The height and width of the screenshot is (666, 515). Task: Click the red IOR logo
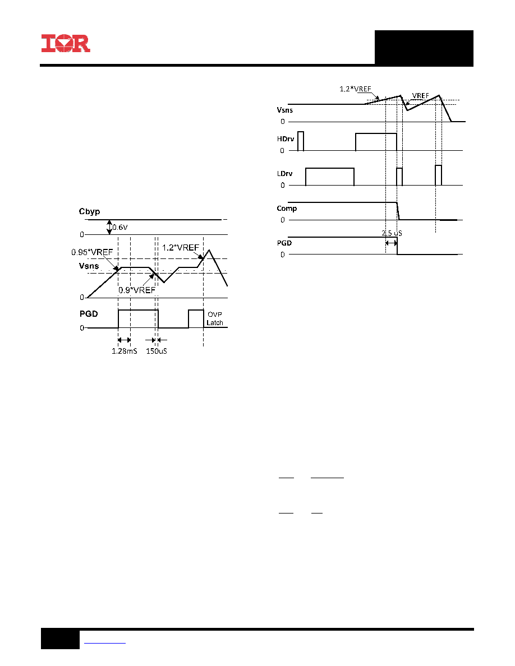pos(66,43)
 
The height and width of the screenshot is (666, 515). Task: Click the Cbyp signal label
pos(89,211)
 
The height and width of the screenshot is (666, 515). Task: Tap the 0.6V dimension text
pos(120,227)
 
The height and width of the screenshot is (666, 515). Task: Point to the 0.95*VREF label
pos(92,252)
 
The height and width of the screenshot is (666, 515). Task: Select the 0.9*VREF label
pos(137,290)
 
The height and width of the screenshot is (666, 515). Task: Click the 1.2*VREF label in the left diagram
pos(181,248)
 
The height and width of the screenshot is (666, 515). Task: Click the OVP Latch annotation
pos(214,318)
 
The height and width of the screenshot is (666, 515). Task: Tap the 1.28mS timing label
pos(124,351)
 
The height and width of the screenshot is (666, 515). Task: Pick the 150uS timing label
pos(157,351)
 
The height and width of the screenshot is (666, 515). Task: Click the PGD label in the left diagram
pos(89,314)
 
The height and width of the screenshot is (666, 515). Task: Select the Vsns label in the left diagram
pos(89,266)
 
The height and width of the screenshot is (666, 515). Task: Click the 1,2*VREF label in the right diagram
pos(355,89)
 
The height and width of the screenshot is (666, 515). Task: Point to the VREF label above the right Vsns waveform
pos(421,95)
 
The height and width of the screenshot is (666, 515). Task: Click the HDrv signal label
pos(286,139)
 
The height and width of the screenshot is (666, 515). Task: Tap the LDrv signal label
pos(284,174)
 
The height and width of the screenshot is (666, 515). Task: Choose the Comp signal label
pos(287,209)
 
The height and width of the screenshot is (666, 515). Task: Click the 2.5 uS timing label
pos(392,233)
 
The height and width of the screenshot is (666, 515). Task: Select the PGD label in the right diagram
pos(284,243)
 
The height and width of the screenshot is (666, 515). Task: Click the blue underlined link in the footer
pos(104,643)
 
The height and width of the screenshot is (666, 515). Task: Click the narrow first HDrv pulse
pos(301,141)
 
